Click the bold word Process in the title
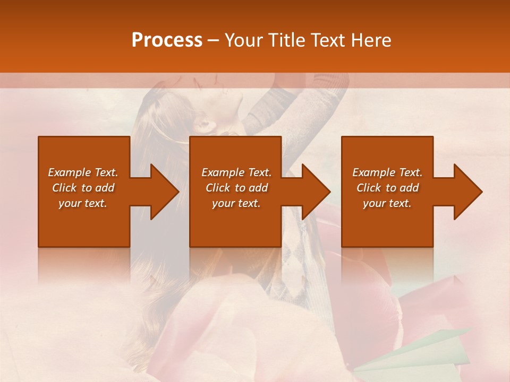point(167,40)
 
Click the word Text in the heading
point(327,40)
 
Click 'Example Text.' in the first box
point(83,172)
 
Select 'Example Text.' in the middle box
point(236,172)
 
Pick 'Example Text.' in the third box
point(387,172)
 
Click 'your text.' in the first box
point(83,203)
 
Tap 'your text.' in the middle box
point(236,203)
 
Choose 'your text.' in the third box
point(387,203)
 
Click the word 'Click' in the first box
point(64,188)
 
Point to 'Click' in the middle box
point(218,188)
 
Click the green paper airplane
point(420,350)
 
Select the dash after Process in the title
point(214,40)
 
